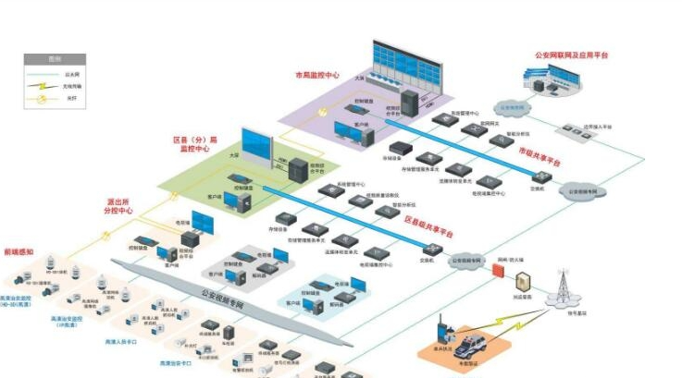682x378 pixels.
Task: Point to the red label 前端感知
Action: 19,250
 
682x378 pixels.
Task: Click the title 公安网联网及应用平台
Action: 571,55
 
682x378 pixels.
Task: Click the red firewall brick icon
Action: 501,274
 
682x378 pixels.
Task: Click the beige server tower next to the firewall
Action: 522,284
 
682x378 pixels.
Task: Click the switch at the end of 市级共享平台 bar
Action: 542,177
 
